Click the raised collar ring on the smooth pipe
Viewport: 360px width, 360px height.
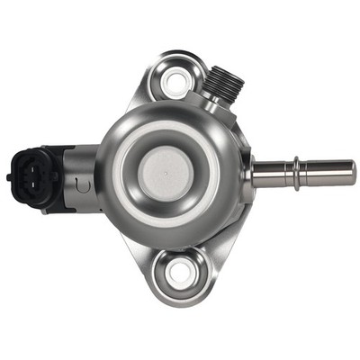tap(295, 172)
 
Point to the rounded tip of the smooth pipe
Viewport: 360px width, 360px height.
tap(351, 172)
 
